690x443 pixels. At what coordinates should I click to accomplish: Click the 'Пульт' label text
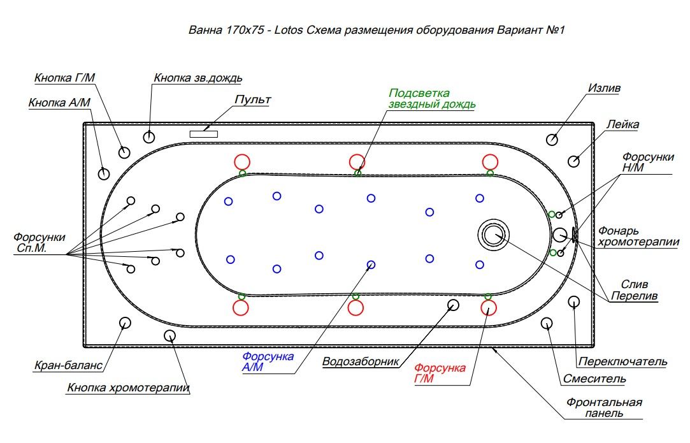coord(253,100)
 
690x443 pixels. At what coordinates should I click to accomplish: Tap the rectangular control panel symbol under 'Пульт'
coord(204,134)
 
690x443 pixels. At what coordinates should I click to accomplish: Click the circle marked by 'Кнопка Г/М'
coord(124,152)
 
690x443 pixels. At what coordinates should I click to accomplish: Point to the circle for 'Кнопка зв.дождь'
coord(149,136)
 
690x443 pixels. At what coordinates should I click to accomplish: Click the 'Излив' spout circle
coord(553,140)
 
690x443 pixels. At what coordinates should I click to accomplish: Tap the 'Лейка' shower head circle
coord(574,161)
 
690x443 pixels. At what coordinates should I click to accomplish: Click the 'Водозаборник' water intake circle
coord(453,305)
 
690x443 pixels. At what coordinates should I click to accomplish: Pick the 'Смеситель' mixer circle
coord(547,323)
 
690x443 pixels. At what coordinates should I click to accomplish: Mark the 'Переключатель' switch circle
coord(573,301)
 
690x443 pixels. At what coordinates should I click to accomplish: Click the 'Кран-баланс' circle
coord(125,323)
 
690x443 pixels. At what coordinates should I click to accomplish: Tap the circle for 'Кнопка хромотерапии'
coord(169,335)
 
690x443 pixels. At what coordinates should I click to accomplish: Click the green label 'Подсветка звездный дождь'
coord(432,99)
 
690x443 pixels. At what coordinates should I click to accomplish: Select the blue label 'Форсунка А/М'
coord(268,361)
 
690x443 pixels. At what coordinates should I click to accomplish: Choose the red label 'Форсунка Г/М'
coord(440,373)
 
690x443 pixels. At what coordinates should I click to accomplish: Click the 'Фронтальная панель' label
coord(604,407)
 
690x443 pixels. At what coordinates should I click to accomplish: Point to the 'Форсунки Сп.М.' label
coord(40,242)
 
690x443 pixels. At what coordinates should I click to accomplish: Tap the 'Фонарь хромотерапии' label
coord(638,236)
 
